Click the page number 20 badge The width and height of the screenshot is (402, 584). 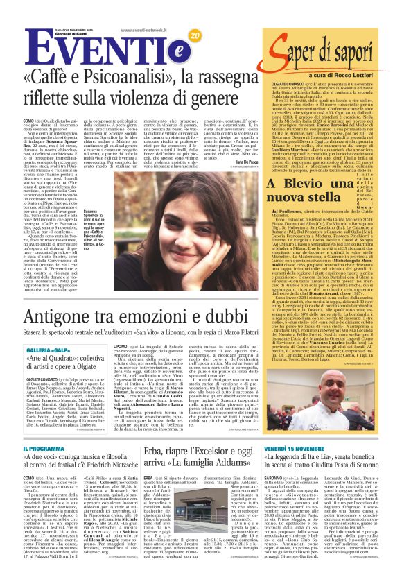point(194,35)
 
